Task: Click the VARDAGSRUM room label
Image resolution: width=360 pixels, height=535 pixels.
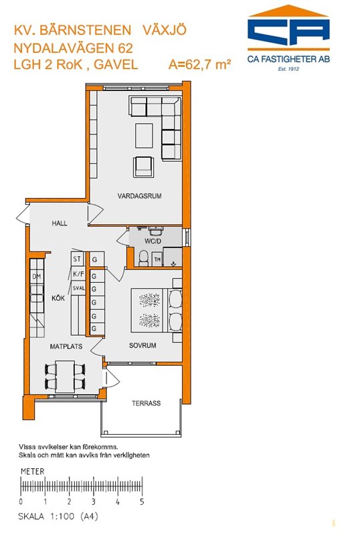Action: pos(139,196)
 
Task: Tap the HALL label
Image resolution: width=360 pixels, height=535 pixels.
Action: pos(60,223)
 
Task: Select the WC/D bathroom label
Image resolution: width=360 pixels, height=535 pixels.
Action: pos(153,241)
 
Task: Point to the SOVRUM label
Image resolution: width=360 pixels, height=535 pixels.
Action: pos(143,345)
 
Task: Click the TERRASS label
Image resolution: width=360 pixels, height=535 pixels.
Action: pos(146,403)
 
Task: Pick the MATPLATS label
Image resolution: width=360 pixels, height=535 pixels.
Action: pos(66,346)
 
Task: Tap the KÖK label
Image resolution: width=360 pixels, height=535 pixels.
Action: pos(58,298)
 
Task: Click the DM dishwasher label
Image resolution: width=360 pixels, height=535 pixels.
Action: pos(37,277)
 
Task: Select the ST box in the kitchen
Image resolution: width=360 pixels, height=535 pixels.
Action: pos(78,259)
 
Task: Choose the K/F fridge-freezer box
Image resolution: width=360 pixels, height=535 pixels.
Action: pos(78,274)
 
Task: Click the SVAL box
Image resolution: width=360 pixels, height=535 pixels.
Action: pos(78,288)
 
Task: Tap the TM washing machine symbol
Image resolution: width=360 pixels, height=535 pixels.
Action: pos(157,259)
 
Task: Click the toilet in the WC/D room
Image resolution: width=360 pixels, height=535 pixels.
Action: pos(143,258)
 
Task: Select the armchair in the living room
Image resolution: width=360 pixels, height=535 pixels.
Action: pos(143,167)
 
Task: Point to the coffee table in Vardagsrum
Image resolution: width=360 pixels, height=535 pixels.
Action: pos(144,136)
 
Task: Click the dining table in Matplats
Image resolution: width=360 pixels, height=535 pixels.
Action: pos(65,377)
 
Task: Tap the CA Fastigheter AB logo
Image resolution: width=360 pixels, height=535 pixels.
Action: pos(288,37)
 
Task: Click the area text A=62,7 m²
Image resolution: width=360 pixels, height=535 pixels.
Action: pos(200,65)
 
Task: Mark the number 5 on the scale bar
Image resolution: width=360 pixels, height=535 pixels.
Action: pos(142,502)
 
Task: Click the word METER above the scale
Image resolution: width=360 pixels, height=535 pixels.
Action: pos(32,471)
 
